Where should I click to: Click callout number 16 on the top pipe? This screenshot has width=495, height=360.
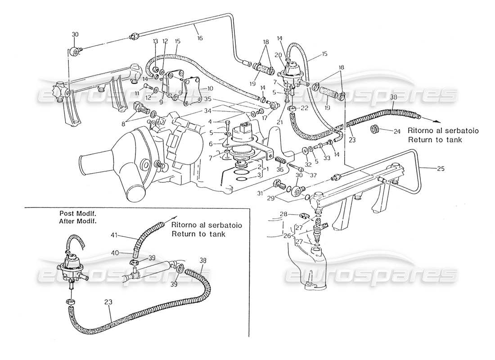199,38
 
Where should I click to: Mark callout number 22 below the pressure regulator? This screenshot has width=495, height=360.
304,108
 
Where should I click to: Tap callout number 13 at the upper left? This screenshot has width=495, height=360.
156,41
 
